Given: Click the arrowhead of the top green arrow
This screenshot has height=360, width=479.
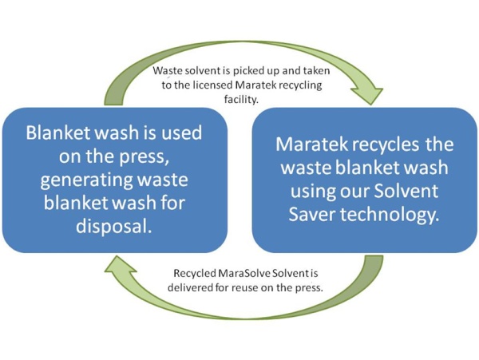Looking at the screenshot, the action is (366, 95).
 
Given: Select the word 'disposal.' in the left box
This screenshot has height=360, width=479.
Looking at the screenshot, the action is (114, 226).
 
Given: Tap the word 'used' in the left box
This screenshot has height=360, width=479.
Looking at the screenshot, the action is (181, 133).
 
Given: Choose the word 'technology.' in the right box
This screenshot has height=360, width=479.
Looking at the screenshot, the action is (390, 215).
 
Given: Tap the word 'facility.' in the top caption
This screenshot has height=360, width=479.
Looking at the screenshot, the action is (241, 99).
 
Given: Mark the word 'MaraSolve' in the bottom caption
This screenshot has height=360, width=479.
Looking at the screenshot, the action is (244, 273).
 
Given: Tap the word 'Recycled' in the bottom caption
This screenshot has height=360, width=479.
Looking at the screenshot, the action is (195, 273).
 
